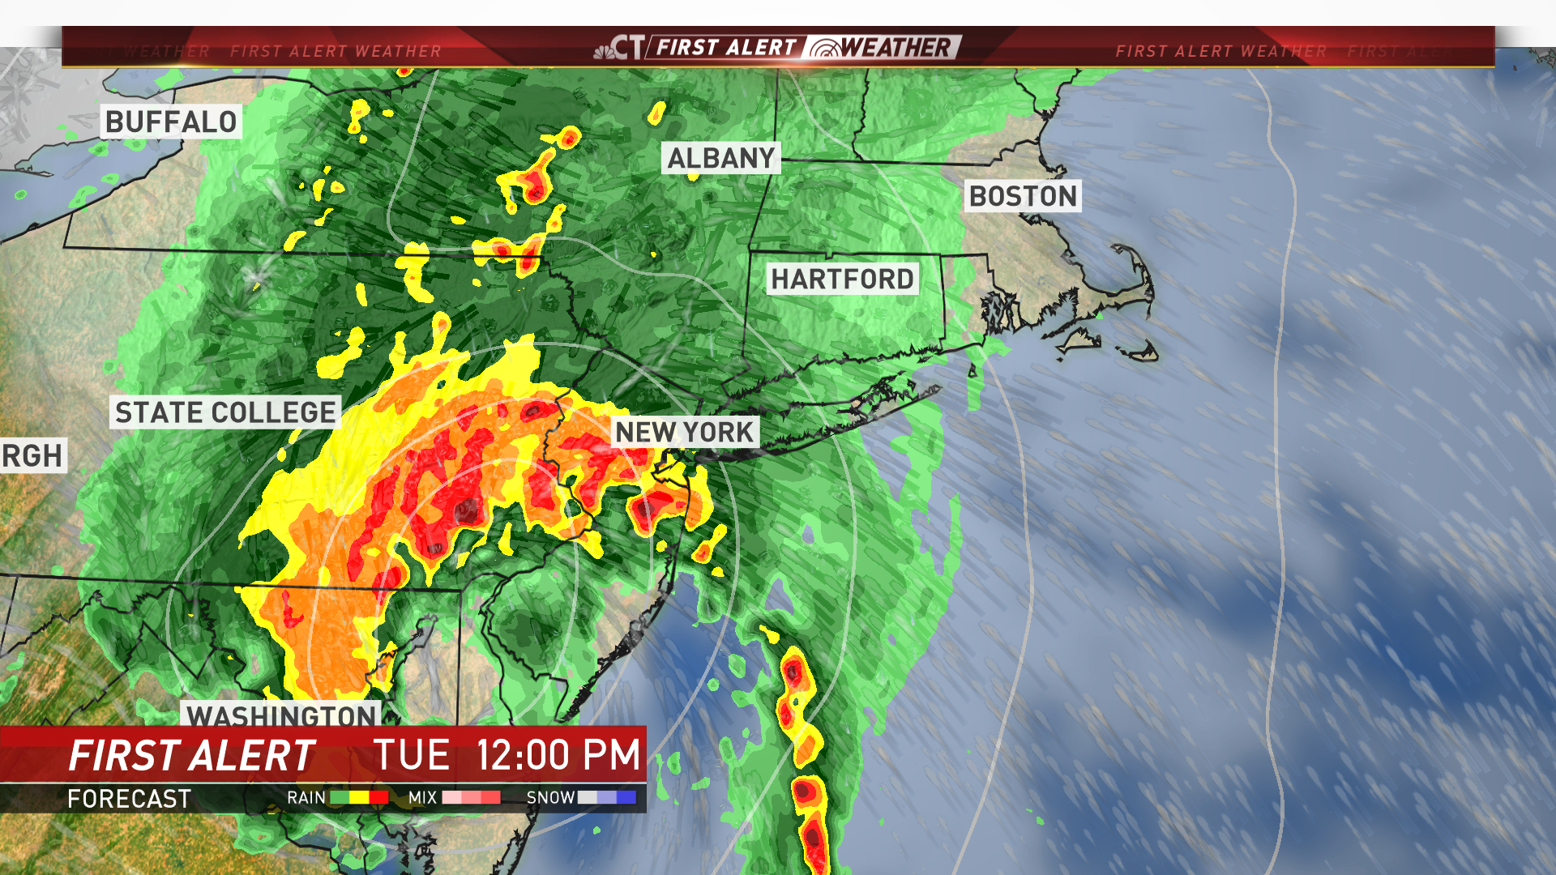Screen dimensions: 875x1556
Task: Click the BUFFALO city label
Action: (x=171, y=122)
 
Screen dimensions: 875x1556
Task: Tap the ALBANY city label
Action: (x=720, y=158)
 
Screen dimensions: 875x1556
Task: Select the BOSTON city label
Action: (x=1023, y=196)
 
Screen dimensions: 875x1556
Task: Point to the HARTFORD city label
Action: (x=842, y=279)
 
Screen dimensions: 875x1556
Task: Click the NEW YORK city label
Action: (x=684, y=432)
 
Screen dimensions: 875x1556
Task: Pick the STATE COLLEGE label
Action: (x=225, y=412)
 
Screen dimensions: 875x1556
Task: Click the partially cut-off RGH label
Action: (x=32, y=455)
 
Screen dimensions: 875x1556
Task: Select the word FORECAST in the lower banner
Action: (x=129, y=799)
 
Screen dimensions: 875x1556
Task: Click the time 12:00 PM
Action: (x=558, y=755)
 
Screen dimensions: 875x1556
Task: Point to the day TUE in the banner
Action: (x=412, y=755)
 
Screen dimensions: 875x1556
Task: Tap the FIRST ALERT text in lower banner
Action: (x=191, y=756)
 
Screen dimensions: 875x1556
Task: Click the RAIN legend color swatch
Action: (x=359, y=798)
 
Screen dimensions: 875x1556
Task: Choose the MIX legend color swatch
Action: (x=471, y=798)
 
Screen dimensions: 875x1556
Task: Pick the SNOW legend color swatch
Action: (x=606, y=798)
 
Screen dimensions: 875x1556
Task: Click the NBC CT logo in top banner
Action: (x=619, y=48)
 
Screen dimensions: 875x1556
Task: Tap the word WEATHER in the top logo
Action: (x=895, y=48)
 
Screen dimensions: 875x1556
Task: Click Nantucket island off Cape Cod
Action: (x=1139, y=351)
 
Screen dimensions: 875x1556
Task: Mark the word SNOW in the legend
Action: (x=550, y=798)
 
